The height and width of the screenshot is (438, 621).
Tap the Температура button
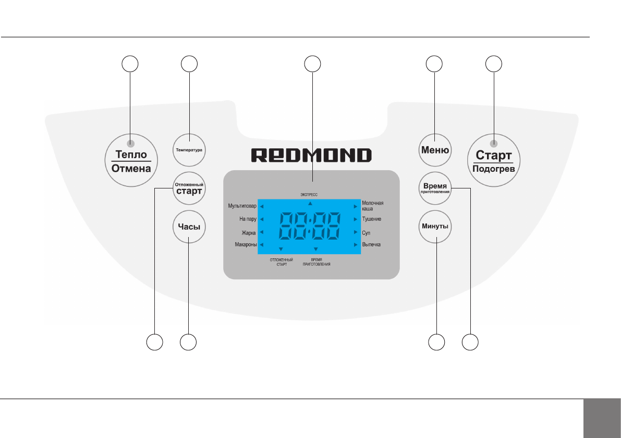[x=189, y=150]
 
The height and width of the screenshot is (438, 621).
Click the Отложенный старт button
[x=189, y=188]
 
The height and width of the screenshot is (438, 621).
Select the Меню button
[x=435, y=150]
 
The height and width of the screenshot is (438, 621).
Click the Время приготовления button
[x=435, y=188]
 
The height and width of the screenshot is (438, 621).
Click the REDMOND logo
[x=312, y=155]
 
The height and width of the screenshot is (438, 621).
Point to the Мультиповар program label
[x=242, y=206]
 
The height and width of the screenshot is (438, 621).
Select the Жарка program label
[x=247, y=232]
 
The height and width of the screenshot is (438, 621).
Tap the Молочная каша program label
[x=372, y=206]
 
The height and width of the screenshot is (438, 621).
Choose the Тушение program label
[x=371, y=219]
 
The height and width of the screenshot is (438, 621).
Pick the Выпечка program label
[x=371, y=245]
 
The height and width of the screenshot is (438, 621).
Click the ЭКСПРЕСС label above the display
[x=309, y=194]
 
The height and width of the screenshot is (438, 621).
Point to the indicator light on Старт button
[x=494, y=143]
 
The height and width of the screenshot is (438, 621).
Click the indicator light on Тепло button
[x=130, y=144]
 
